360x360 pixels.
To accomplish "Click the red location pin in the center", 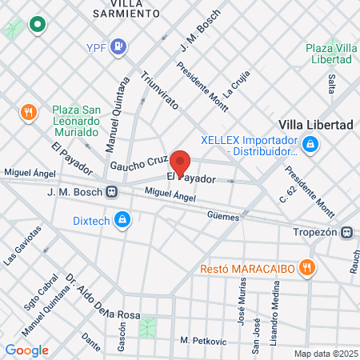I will tap(180, 162).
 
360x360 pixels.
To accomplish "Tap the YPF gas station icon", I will tap(119, 47).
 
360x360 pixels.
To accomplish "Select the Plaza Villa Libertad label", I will tap(330, 54).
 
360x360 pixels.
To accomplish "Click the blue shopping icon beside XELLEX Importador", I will tap(311, 145).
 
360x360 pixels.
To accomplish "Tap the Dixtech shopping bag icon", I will tap(122, 218).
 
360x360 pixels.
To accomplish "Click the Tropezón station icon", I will tap(346, 232).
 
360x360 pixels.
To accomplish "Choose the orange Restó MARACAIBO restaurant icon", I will tap(306, 268).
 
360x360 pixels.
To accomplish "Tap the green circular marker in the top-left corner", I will tap(36, 25).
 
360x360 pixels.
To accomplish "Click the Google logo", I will tap(26, 350).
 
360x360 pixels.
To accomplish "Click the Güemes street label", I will tap(222, 216).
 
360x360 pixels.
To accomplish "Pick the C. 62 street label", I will tap(281, 190).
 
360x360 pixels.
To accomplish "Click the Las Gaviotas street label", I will tap(20, 252).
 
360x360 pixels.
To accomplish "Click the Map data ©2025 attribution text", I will tap(324, 353).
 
